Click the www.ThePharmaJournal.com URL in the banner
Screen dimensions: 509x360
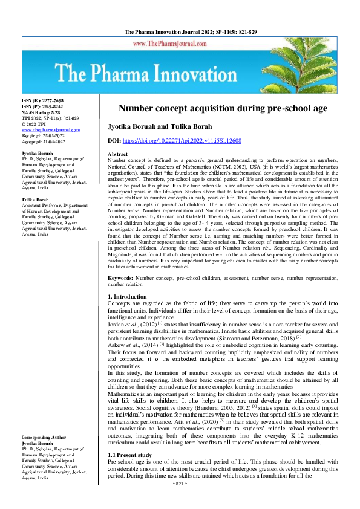coord(179,44)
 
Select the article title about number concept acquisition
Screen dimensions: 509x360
coord(223,108)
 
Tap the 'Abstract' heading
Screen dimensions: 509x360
coord(117,155)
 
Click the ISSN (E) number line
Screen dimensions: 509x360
coord(42,100)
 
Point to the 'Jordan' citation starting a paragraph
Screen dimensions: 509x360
coord(117,324)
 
